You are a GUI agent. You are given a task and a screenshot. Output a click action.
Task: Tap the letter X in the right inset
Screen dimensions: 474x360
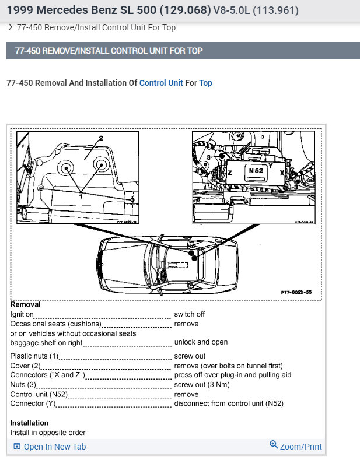click(282, 173)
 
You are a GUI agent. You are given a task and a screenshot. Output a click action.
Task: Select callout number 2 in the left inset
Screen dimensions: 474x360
click(100, 139)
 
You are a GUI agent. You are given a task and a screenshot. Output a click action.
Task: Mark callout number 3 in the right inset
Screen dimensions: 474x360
click(208, 158)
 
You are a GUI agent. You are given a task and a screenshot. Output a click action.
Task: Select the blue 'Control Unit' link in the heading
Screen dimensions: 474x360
click(161, 83)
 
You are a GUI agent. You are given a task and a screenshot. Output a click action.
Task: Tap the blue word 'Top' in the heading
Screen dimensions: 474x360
click(205, 83)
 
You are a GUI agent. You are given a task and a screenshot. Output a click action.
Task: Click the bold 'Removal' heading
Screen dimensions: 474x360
click(26, 304)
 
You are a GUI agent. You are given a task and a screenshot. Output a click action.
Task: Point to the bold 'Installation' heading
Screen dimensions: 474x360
click(29, 423)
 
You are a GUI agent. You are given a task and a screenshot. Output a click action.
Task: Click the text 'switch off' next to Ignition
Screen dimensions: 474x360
click(190, 314)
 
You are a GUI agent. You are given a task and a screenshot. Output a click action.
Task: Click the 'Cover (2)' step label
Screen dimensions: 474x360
click(25, 366)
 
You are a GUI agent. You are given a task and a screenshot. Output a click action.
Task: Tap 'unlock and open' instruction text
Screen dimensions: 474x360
click(201, 342)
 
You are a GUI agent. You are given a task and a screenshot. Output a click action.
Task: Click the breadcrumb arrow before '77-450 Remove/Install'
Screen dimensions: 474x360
click(11, 27)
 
